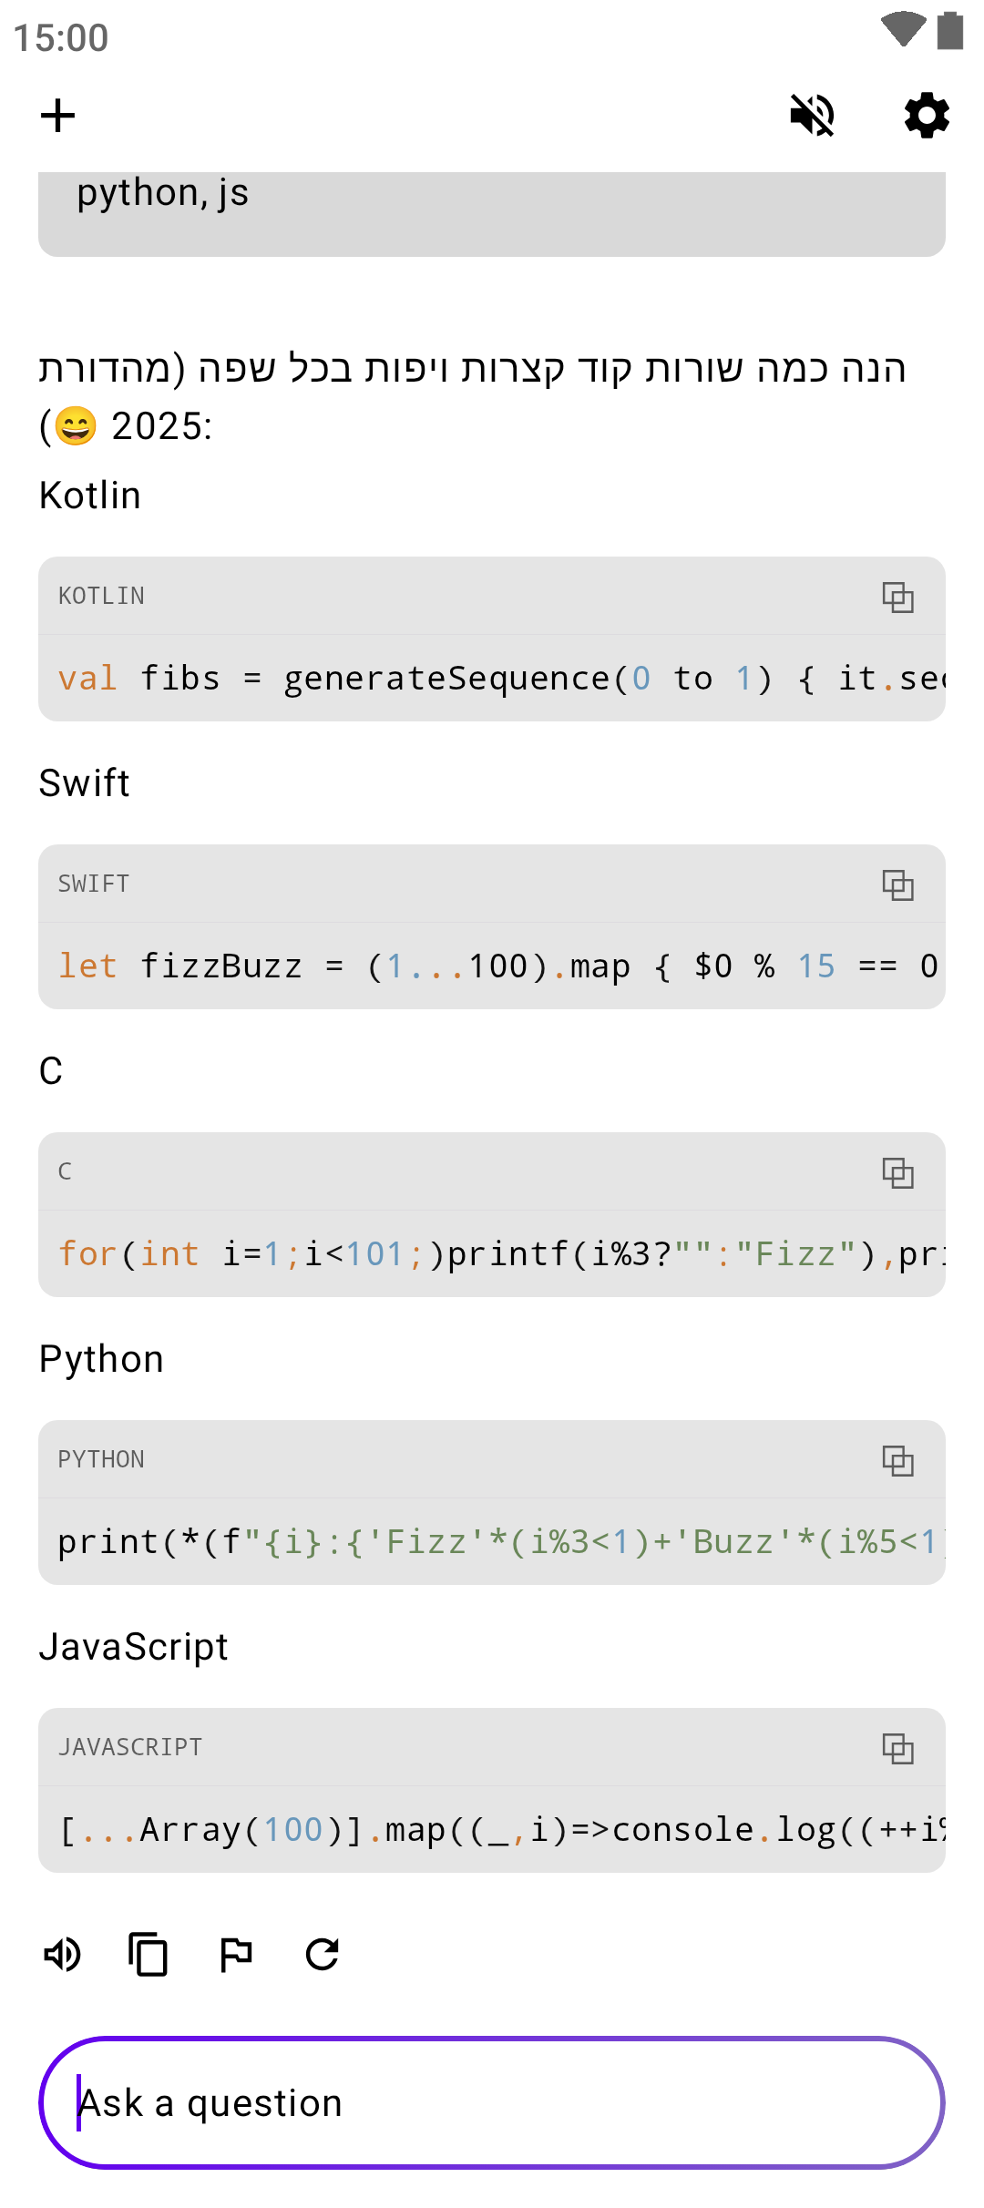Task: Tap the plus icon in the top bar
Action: [57, 116]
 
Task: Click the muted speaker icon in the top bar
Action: [812, 116]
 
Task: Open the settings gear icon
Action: [927, 116]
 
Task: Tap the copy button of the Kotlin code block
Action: [897, 597]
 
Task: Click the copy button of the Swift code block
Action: [897, 884]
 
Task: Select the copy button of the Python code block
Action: [897, 1460]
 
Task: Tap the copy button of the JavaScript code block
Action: [897, 1748]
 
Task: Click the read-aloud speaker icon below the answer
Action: [63, 1954]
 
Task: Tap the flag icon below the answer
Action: [236, 1954]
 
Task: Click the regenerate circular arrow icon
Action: [323, 1954]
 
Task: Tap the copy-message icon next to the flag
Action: [149, 1954]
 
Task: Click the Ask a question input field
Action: [492, 2102]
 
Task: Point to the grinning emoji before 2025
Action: [76, 425]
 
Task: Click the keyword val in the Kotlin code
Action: [87, 679]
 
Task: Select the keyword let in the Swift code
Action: [87, 966]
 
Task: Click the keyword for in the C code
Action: [87, 1254]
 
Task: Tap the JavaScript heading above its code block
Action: [134, 1647]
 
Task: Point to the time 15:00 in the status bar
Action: [61, 38]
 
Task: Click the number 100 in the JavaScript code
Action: [293, 1830]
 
